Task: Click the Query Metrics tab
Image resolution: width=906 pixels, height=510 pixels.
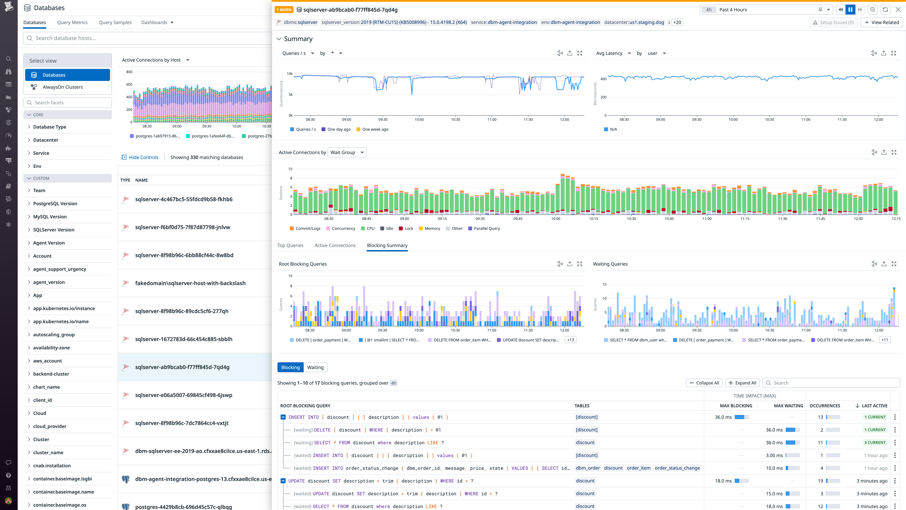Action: [72, 22]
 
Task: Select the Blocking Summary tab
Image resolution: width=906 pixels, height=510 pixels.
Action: [387, 245]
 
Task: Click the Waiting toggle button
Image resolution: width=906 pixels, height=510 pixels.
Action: [315, 367]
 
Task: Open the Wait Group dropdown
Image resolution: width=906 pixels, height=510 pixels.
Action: [347, 152]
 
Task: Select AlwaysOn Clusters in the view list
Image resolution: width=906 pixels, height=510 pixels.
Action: [63, 87]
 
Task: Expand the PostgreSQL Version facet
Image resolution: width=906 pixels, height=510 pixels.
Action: [55, 203]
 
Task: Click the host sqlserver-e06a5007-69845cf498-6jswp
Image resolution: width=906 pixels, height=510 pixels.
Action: [184, 395]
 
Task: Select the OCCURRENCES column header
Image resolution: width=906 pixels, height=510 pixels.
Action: [825, 406]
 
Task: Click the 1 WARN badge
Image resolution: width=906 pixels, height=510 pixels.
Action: [283, 10]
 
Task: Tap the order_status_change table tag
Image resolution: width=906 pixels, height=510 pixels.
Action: [677, 468]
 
